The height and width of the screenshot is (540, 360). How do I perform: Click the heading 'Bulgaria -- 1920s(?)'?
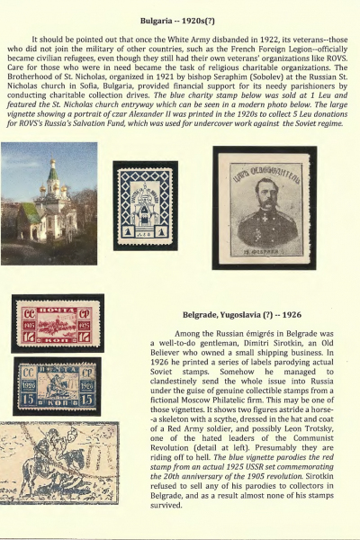[180, 19]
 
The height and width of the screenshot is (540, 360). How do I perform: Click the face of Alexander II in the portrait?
[262, 193]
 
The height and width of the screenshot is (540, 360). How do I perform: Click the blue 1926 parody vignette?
[56, 384]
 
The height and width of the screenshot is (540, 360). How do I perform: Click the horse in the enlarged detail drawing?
[54, 468]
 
